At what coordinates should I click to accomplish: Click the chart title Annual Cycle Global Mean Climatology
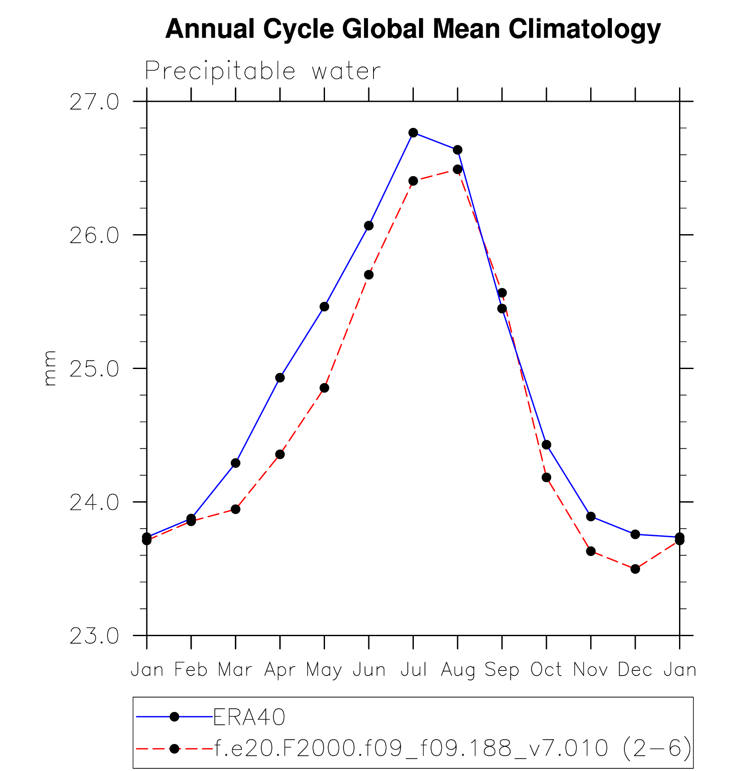413,29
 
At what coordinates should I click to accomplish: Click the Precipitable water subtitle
263,71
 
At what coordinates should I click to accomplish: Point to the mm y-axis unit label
50,368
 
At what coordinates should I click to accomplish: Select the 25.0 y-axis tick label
94,369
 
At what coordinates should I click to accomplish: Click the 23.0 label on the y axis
94,636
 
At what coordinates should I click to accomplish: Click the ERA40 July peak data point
413,133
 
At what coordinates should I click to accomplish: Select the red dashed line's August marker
458,169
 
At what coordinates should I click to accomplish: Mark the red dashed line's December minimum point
635,569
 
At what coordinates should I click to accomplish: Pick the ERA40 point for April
280,378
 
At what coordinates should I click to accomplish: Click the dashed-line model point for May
325,388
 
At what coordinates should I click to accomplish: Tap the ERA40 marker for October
546,444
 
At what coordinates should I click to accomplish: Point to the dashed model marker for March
236,509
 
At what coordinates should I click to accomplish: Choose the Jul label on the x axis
413,670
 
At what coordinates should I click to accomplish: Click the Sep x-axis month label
502,670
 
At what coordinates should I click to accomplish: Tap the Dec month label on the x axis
635,670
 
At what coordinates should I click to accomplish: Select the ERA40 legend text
249,717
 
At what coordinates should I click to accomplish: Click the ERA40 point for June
369,225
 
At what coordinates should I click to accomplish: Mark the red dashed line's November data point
591,551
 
